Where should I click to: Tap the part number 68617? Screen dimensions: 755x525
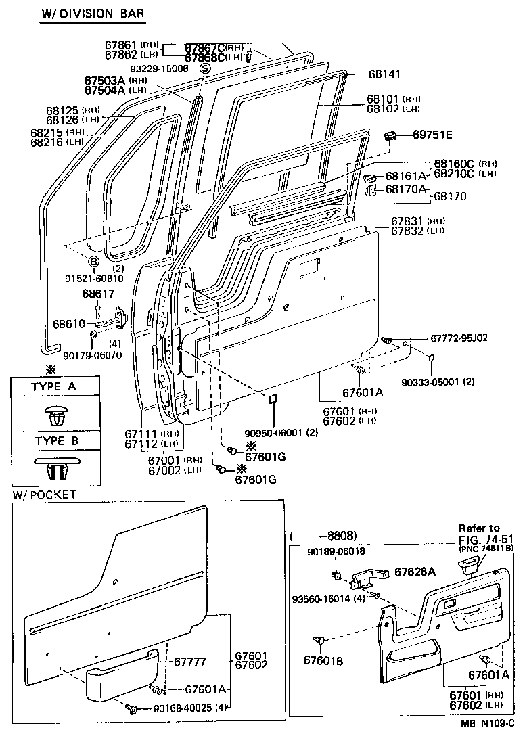(x=99, y=294)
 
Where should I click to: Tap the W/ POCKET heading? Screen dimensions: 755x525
(x=44, y=495)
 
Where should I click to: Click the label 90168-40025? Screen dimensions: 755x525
(x=179, y=708)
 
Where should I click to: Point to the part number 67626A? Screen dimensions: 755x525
(x=415, y=572)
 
